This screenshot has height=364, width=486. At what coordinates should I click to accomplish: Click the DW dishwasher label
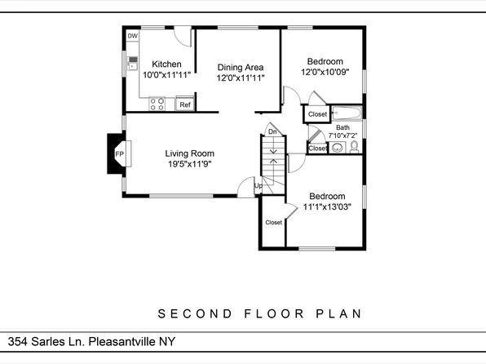(x=133, y=36)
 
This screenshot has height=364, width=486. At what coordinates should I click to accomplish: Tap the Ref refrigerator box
(x=185, y=104)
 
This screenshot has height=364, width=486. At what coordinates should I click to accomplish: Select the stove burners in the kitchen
(x=157, y=104)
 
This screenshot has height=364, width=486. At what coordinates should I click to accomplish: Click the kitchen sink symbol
(x=132, y=64)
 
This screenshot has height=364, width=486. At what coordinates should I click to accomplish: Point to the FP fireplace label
(x=119, y=154)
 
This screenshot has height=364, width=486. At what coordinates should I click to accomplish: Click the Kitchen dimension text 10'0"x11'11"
(x=166, y=75)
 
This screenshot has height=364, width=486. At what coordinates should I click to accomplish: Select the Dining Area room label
(x=241, y=68)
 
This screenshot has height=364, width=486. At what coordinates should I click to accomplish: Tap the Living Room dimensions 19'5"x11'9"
(x=190, y=164)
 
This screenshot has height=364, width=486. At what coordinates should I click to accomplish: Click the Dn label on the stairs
(x=272, y=132)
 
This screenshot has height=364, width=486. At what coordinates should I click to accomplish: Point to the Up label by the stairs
(x=258, y=185)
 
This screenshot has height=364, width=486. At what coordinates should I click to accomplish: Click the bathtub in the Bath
(x=347, y=113)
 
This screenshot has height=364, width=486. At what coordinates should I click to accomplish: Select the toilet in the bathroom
(x=354, y=147)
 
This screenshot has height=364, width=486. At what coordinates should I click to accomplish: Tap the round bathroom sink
(x=337, y=148)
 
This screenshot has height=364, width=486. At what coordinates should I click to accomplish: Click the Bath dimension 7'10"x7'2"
(x=342, y=135)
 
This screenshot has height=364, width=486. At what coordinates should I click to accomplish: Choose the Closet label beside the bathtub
(x=317, y=114)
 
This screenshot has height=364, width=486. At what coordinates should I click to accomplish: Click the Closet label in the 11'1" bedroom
(x=274, y=223)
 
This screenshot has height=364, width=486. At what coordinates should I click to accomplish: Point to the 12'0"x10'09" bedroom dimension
(x=325, y=72)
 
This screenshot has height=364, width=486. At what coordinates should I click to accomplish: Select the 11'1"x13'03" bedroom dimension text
(x=327, y=206)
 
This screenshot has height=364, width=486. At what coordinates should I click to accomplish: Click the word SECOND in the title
(x=195, y=313)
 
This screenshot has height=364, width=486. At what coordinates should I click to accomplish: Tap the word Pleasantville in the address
(x=122, y=342)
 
